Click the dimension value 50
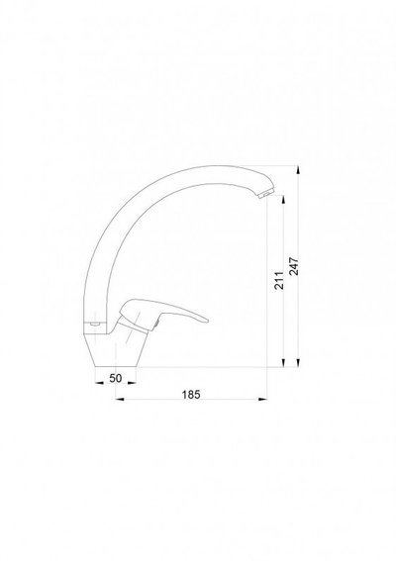[116, 378]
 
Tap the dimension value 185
[191, 395]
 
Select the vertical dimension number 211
[279, 280]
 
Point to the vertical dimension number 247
[294, 266]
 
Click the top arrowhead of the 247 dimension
[298, 169]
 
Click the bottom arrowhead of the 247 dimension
[298, 363]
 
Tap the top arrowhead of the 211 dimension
[283, 200]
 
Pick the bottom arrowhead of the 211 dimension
[283, 363]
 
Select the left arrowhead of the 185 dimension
[120, 399]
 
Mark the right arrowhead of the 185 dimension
[263, 399]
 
